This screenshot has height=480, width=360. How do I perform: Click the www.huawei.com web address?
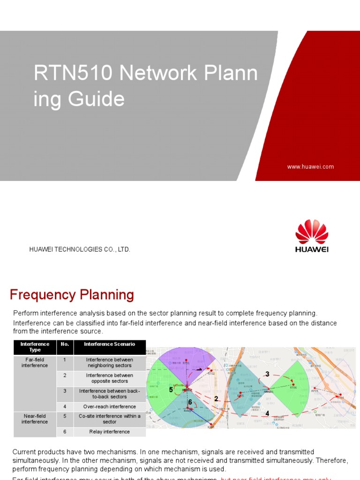[310, 166]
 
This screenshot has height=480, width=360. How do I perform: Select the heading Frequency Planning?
[72, 295]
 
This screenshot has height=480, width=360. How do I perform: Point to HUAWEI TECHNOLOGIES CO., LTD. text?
[80, 249]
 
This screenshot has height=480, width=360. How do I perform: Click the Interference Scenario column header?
[109, 344]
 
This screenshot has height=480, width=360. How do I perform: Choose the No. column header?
[65, 344]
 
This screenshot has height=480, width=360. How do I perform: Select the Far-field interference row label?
[35, 362]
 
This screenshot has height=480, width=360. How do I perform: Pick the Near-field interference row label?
[35, 419]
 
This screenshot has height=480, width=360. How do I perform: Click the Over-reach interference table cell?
[109, 406]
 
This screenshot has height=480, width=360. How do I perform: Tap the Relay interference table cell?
[109, 432]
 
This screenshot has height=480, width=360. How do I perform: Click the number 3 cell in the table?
[65, 390]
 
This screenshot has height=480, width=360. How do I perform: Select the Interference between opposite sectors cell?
[109, 378]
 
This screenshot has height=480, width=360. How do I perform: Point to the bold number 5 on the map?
[171, 390]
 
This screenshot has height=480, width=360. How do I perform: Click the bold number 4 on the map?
[267, 413]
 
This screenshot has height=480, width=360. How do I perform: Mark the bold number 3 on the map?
[267, 374]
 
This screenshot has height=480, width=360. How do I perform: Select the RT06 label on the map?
[293, 387]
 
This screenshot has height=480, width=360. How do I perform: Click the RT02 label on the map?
[211, 374]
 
